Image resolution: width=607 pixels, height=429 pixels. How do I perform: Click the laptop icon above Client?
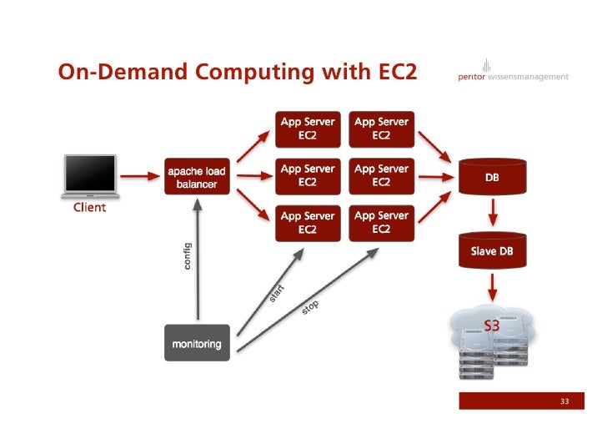pos(92,176)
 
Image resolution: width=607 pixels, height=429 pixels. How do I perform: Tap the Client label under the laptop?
pos(89,207)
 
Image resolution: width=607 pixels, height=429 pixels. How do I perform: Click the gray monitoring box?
pos(197,343)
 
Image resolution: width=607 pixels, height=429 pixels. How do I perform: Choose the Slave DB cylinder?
pos(492,250)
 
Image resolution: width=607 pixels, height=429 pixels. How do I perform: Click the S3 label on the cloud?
pos(492,326)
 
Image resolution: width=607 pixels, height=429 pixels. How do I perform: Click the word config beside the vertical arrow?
pos(187,255)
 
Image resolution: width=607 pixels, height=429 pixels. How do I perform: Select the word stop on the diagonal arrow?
pos(310,309)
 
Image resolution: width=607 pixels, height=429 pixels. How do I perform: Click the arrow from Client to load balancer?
pos(139,176)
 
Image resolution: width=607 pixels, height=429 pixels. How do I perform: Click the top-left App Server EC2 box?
pos(308,128)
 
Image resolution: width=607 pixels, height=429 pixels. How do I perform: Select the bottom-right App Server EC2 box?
pos(381,222)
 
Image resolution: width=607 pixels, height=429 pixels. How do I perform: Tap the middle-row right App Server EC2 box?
pos(381,175)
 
